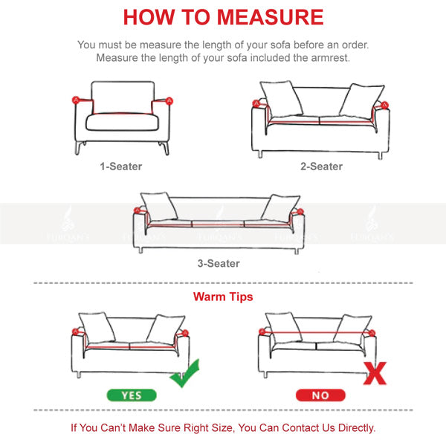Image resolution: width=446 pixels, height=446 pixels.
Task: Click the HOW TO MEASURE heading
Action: click(223, 17)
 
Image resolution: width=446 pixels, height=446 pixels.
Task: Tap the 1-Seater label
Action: click(121, 167)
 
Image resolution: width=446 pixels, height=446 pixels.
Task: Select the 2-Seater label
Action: click(321, 167)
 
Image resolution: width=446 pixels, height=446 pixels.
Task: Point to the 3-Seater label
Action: click(219, 263)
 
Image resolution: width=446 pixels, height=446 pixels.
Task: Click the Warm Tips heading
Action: click(223, 297)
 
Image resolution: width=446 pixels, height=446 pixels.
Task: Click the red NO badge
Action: click(320, 395)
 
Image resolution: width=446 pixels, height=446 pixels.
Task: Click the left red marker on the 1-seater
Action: click(75, 99)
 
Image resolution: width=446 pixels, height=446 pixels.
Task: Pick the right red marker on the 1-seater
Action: click(169, 100)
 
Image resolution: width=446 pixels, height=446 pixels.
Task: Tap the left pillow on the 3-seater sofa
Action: click(158, 205)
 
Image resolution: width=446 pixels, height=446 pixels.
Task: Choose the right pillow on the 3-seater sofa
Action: click(280, 207)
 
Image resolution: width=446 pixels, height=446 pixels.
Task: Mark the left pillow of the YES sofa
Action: click(97, 328)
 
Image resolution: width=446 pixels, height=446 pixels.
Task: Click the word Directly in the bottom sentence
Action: click(352, 428)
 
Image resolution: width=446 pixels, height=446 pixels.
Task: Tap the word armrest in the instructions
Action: click(329, 58)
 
